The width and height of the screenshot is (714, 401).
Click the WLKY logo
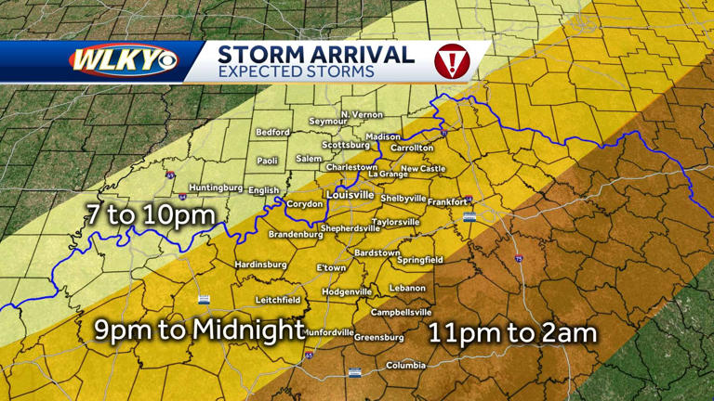point(123,61)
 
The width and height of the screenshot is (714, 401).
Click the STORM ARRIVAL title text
point(315,54)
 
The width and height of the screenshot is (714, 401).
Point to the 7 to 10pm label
point(150,214)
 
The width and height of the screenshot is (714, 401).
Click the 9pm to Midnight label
point(199,330)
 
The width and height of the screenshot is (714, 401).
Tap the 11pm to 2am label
point(512,332)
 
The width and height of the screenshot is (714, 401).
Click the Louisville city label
point(350,195)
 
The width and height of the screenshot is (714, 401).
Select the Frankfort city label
point(448,201)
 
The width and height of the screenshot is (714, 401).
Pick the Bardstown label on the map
point(377,252)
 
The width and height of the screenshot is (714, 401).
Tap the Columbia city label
point(405,365)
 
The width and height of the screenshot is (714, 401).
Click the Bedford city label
point(272,133)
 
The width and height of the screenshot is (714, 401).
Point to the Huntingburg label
point(216,187)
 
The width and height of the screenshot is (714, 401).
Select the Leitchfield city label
point(278,300)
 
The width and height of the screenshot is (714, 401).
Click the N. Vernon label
point(362,114)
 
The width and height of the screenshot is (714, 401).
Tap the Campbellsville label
point(398,313)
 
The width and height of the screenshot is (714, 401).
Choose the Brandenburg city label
point(295,235)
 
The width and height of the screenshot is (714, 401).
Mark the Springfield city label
point(419,260)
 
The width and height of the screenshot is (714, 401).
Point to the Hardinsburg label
point(260,265)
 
